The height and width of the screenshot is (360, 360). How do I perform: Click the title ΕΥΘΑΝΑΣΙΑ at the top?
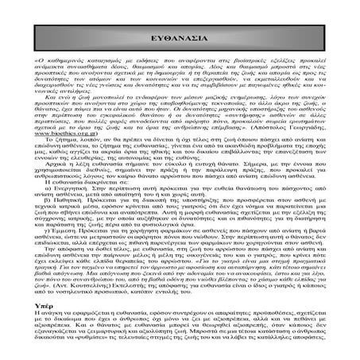(180, 37)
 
